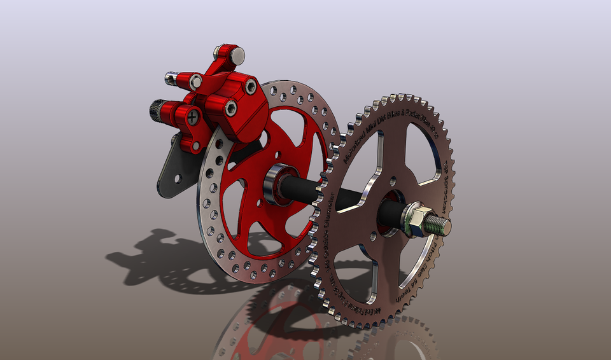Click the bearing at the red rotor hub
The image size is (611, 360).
277,184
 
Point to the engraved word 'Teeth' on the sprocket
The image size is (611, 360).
405,290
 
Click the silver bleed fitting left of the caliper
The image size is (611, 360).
171,78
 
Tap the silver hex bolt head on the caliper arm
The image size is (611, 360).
196,81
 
